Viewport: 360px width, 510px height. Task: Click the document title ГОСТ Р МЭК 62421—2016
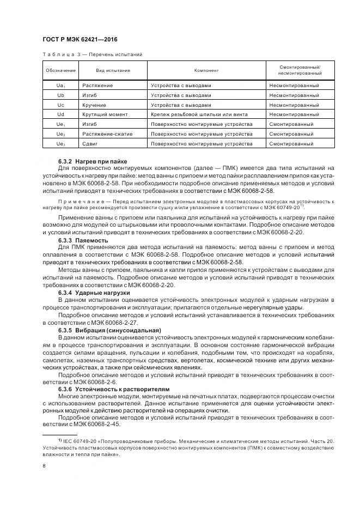point(80,40)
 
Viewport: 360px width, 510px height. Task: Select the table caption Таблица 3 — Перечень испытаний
point(92,54)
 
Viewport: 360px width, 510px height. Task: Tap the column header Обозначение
point(60,70)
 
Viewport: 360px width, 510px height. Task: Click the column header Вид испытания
point(113,70)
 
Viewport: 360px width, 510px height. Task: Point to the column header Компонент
point(206,70)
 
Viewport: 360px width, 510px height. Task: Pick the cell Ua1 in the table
point(60,86)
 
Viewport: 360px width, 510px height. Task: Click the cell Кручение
point(94,105)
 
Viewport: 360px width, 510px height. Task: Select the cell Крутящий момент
point(105,114)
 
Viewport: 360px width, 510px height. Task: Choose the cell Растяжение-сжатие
point(107,134)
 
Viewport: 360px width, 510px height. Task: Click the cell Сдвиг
point(90,144)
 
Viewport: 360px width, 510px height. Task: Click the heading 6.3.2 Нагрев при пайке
point(93,161)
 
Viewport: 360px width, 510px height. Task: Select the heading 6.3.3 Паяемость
point(83,240)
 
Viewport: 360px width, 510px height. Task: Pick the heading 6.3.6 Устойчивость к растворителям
point(114,389)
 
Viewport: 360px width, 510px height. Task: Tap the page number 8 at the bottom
point(44,466)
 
